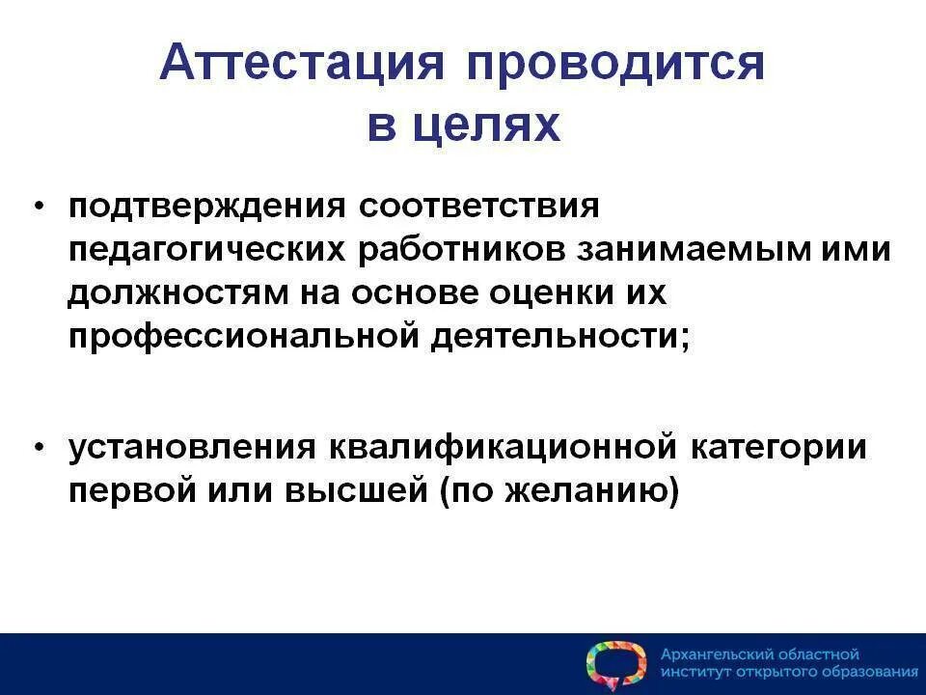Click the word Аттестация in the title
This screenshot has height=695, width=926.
(x=302, y=65)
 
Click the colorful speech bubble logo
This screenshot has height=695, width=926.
(x=615, y=664)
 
